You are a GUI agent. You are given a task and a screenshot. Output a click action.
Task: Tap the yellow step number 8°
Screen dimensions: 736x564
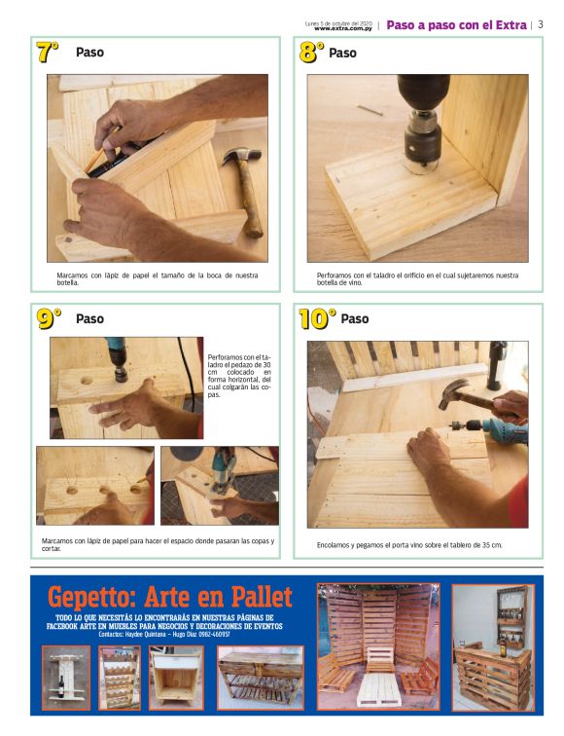click(x=311, y=53)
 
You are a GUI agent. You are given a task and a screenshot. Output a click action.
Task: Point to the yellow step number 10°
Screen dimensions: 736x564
click(x=317, y=317)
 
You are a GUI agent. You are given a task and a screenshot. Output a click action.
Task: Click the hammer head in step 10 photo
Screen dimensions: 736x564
click(x=452, y=392)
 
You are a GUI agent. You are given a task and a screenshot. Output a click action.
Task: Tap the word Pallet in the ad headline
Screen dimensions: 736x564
click(x=255, y=596)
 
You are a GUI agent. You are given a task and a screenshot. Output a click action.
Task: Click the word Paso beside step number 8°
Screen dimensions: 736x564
click(x=342, y=53)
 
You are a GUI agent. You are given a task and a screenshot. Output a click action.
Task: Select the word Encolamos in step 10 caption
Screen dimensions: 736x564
click(x=336, y=544)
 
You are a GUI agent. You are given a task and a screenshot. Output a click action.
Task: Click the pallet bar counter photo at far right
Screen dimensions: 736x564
click(x=493, y=647)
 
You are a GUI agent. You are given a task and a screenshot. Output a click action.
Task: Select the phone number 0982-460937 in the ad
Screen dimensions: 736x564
click(x=194, y=634)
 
